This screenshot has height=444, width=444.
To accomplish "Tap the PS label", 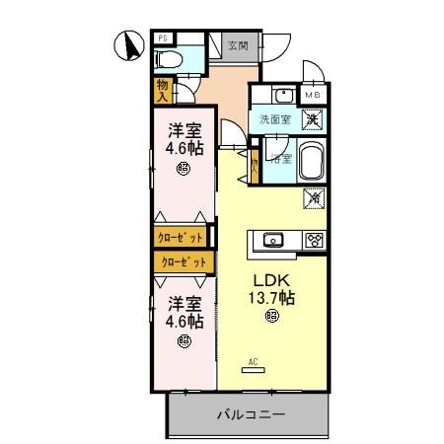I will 163,38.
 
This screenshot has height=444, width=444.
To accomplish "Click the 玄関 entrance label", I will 237,44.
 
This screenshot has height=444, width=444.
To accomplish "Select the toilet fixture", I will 168,60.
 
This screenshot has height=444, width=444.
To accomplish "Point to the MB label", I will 312,95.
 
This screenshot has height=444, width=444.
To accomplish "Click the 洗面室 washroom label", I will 274,119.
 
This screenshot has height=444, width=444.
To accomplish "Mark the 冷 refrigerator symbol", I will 316,198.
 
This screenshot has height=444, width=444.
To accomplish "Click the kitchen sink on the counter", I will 273,240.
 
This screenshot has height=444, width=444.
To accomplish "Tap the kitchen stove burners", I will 316,240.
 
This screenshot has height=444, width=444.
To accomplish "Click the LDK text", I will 271,278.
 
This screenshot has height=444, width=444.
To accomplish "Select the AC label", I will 254,361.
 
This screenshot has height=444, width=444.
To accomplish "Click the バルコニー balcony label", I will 252,415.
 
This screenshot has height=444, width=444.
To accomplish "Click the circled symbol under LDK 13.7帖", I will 271,317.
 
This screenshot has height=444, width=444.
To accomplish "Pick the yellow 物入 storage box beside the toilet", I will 163,91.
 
